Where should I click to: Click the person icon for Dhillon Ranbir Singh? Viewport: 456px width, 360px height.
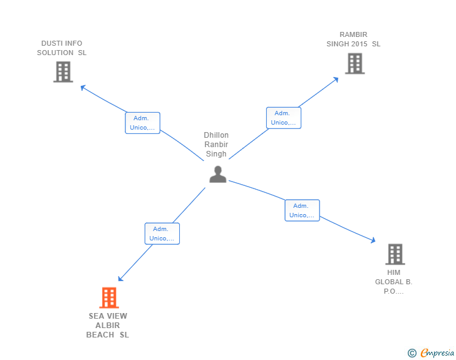pos(217,174)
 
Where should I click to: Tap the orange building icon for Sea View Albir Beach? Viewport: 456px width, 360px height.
pos(109,298)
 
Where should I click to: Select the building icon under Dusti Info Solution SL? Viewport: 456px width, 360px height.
pos(63,72)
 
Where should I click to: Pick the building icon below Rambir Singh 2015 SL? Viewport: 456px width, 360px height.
pos(355,63)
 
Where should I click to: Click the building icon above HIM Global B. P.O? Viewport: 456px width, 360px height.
pos(395,254)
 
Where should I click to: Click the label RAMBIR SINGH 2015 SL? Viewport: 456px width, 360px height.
pos(353,39)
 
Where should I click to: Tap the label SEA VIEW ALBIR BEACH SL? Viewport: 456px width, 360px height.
pos(108,326)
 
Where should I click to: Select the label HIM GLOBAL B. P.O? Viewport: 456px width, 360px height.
pos(394,282)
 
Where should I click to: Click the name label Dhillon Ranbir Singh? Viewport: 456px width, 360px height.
pos(217,145)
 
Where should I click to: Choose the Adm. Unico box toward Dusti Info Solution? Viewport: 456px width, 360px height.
pos(143,123)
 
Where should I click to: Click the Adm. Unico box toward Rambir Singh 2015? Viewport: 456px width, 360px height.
pos(284,118)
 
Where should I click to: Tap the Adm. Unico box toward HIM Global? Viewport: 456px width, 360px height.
pos(302,210)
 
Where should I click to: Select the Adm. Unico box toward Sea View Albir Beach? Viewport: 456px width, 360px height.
pos(162,234)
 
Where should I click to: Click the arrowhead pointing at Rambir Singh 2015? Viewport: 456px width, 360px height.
pos(336,79)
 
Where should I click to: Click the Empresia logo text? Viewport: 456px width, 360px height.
pos(437,353)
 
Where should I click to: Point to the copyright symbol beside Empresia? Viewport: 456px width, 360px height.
pos(412,353)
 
